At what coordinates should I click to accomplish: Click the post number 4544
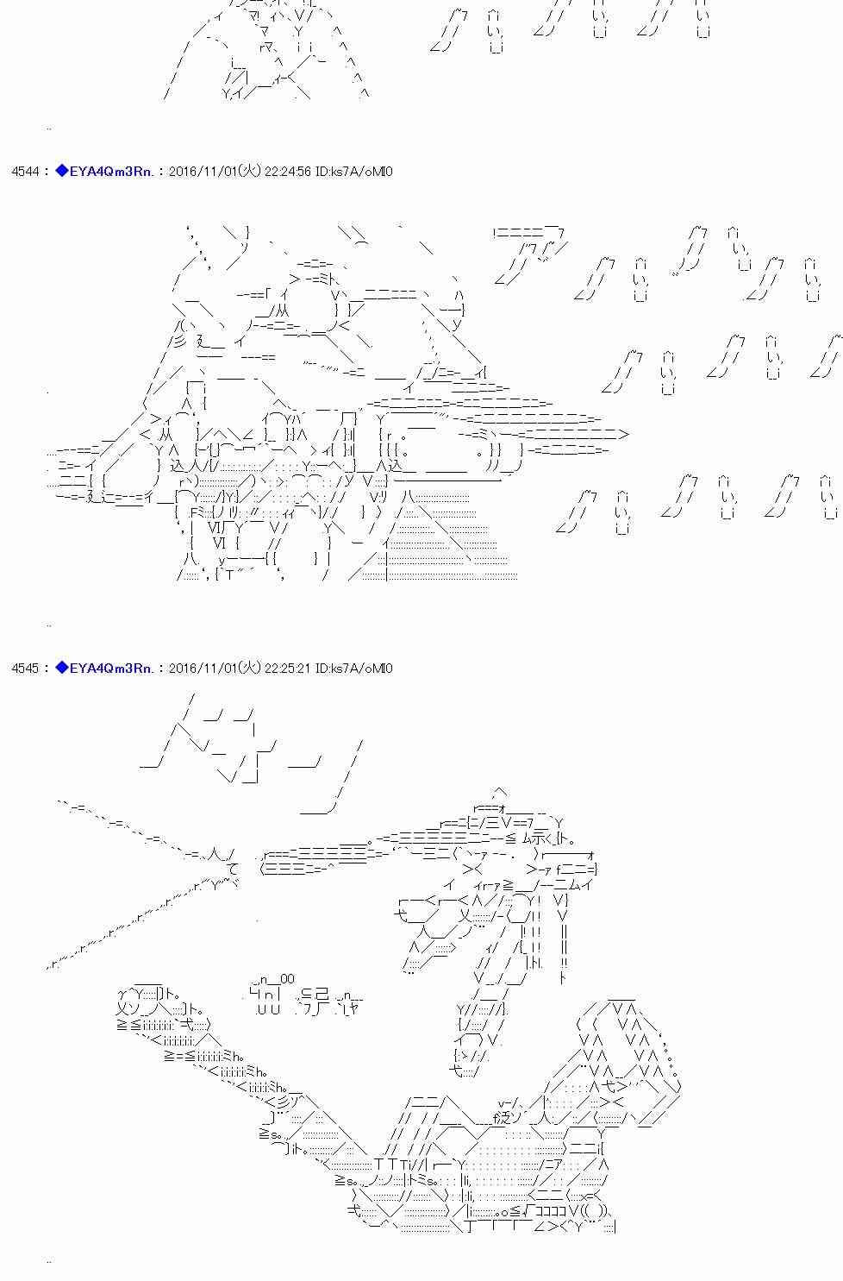pos(25,172)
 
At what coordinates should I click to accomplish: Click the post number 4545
pos(25,669)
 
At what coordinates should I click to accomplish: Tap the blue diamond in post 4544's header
pos(61,171)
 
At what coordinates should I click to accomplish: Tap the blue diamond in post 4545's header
pos(61,668)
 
